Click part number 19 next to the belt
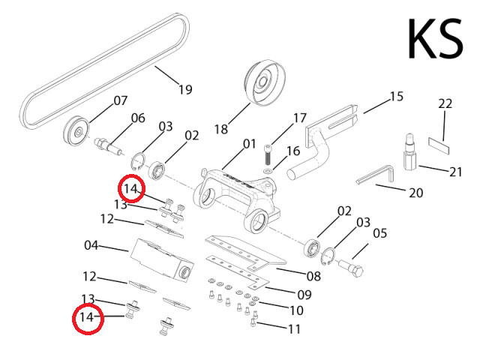(185, 90)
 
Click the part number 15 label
(396, 96)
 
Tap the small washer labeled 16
(269, 171)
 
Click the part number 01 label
(250, 142)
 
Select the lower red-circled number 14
(88, 317)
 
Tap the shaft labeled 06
(109, 142)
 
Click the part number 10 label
(296, 310)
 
